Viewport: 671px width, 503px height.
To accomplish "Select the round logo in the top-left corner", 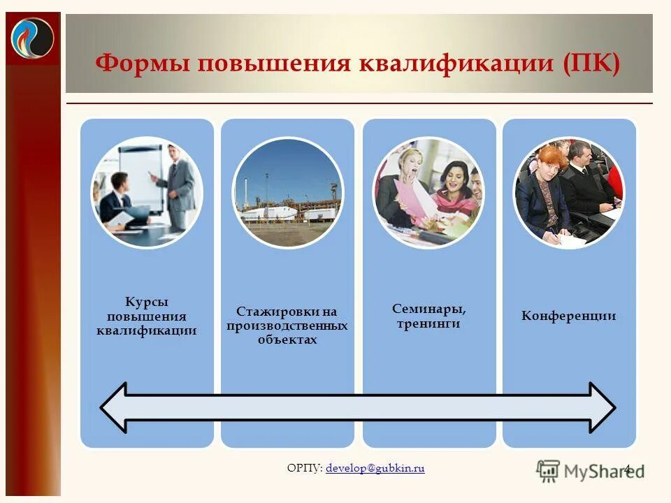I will [x=32, y=37].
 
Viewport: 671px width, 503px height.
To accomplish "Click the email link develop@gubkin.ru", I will [x=375, y=468].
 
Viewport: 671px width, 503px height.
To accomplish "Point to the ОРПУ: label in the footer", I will [x=305, y=468].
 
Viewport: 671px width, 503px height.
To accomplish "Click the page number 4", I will [x=627, y=469].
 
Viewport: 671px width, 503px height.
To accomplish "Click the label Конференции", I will [x=568, y=316].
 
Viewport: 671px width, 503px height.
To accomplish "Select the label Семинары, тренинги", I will [x=428, y=316].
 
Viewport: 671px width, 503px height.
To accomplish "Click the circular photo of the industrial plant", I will [x=287, y=193].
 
